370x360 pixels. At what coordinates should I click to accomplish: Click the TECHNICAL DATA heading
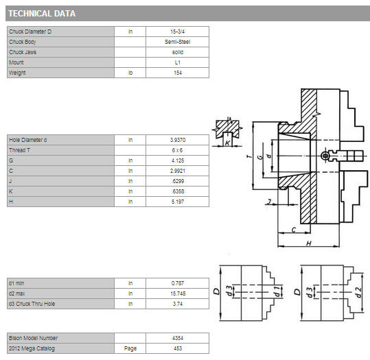42,14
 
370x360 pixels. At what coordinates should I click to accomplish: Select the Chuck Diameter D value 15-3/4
177,32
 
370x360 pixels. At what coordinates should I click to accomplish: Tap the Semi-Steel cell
177,42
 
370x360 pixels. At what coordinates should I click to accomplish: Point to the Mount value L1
177,62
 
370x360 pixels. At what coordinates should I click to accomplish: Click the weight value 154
177,73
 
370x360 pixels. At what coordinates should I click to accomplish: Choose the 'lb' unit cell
130,73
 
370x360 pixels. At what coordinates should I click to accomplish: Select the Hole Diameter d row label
28,140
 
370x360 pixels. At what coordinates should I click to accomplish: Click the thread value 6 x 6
177,150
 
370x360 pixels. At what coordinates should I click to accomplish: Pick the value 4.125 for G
177,160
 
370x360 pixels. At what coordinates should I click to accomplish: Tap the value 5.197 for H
177,202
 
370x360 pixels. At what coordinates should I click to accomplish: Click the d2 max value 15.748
178,293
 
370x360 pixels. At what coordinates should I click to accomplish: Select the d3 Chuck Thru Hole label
32,304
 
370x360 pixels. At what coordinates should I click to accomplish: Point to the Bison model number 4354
178,338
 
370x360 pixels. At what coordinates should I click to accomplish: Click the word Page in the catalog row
130,348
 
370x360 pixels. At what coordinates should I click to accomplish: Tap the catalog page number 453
178,348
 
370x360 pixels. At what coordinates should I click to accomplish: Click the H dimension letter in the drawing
309,243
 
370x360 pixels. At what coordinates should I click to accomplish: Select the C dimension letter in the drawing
294,230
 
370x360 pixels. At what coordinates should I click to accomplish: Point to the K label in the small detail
227,143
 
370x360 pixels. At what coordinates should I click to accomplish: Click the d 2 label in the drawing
358,292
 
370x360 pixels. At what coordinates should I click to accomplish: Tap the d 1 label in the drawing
277,291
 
